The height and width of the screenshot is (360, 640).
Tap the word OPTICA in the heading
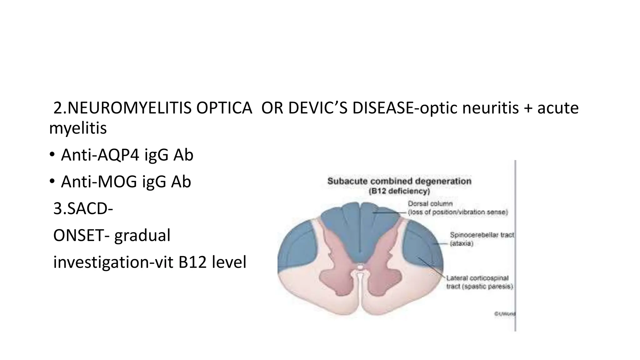point(224,108)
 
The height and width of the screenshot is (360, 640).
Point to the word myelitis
point(78,128)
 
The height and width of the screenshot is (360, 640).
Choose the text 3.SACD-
point(83,209)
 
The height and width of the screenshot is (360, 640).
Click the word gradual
point(142,236)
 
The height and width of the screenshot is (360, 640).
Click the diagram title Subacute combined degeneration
point(399,181)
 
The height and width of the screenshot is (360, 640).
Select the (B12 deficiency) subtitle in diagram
point(399,191)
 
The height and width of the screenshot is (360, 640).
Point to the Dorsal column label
point(430,204)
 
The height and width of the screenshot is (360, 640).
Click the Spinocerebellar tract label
point(482,235)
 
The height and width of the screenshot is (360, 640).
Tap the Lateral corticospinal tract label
point(477,278)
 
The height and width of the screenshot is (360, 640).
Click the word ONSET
point(78,236)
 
